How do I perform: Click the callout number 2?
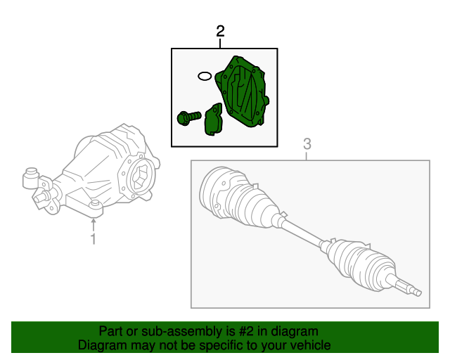point(221,32)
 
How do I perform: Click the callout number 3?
point(307,144)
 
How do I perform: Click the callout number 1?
point(93,240)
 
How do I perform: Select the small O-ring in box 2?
point(204,75)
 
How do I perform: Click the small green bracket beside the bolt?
point(212,119)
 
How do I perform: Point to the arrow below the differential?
point(93,224)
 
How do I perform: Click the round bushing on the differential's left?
point(31,179)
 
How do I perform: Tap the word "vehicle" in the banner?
point(310,345)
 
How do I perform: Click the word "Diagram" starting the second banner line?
point(103,345)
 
